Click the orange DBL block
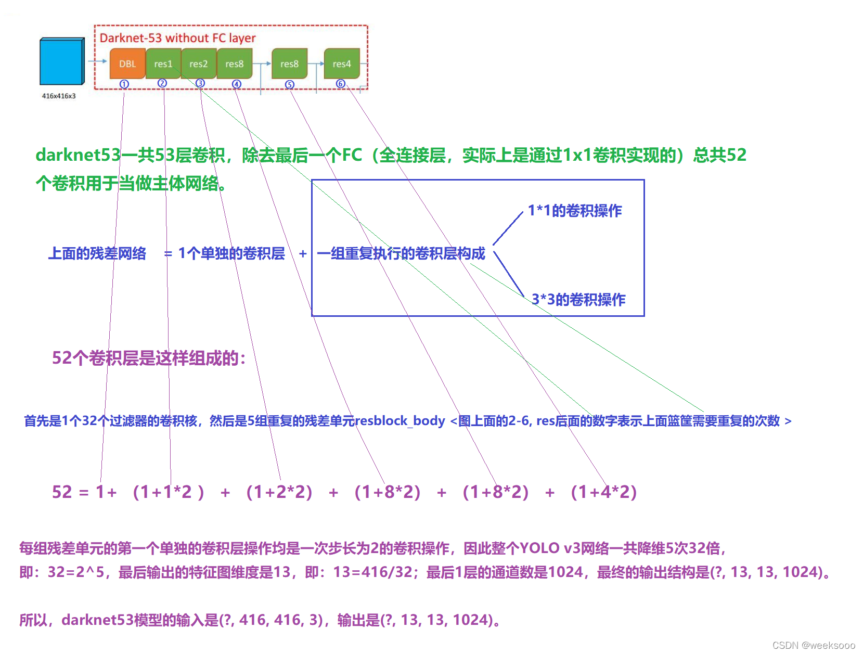coord(127,63)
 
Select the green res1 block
coord(163,63)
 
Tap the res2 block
coord(198,63)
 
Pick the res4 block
coord(342,63)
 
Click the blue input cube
coord(61,61)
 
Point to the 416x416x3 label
coord(59,96)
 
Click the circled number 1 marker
coord(124,84)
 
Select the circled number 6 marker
coord(340,84)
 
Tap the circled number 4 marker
coord(237,84)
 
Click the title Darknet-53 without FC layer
coord(177,38)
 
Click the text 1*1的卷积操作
coord(575,211)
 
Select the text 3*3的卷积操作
coord(578,300)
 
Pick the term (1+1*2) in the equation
coord(168,492)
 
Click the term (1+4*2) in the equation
coord(603,492)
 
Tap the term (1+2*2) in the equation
coord(279,492)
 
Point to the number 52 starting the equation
coord(62,492)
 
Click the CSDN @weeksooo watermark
coord(814,645)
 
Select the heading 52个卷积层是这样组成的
coord(148,358)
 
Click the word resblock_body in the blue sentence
coord(400,421)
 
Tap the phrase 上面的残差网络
coord(97,254)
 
